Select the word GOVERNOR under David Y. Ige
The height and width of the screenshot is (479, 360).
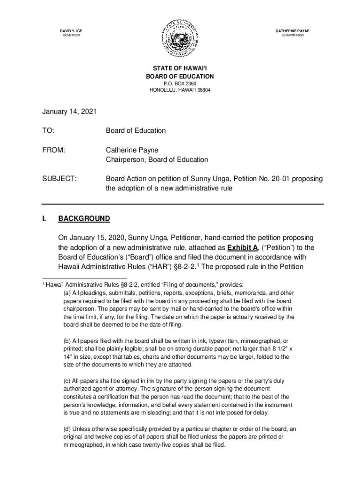(x=72, y=36)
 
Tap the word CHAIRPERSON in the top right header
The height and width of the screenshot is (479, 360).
(x=293, y=36)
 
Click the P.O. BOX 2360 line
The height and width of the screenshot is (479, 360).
(x=180, y=83)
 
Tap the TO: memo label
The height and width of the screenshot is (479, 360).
(x=48, y=131)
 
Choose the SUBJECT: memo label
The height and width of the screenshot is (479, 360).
(x=59, y=179)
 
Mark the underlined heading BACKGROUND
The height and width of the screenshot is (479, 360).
(x=84, y=218)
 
